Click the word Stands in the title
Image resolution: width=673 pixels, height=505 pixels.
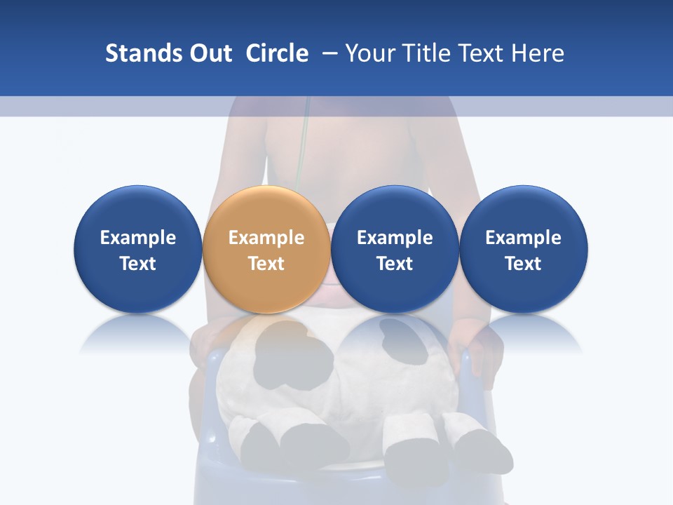click(x=133, y=53)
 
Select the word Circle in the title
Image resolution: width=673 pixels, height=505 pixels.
click(x=277, y=53)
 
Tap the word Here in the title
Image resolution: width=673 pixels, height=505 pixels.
click(x=541, y=53)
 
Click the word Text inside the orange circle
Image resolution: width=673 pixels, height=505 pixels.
click(x=266, y=264)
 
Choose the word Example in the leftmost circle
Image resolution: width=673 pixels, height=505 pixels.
click(x=138, y=238)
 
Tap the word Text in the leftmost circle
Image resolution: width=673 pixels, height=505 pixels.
click(x=138, y=264)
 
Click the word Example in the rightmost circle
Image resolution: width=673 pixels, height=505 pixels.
click(x=524, y=238)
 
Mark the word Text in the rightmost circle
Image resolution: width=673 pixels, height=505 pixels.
click(x=524, y=264)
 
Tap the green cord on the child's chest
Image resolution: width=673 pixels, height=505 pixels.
click(x=303, y=140)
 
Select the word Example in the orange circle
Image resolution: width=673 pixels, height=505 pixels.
click(x=266, y=238)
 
